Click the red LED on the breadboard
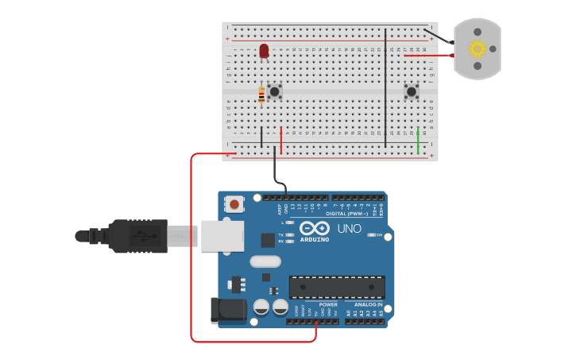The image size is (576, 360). (264, 51)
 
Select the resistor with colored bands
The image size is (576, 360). (261, 95)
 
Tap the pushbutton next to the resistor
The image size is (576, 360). (275, 91)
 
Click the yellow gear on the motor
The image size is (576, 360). (477, 49)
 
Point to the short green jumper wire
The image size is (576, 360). (418, 140)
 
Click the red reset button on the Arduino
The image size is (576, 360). (234, 203)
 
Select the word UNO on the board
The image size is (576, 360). (350, 228)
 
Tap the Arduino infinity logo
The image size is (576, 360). (315, 228)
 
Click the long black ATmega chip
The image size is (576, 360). (337, 287)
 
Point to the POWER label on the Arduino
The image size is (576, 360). (328, 304)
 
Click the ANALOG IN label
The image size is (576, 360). (368, 304)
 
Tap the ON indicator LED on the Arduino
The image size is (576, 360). (369, 235)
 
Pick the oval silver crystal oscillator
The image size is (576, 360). (265, 261)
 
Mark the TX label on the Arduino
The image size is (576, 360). (281, 235)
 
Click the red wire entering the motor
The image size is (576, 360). (429, 56)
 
